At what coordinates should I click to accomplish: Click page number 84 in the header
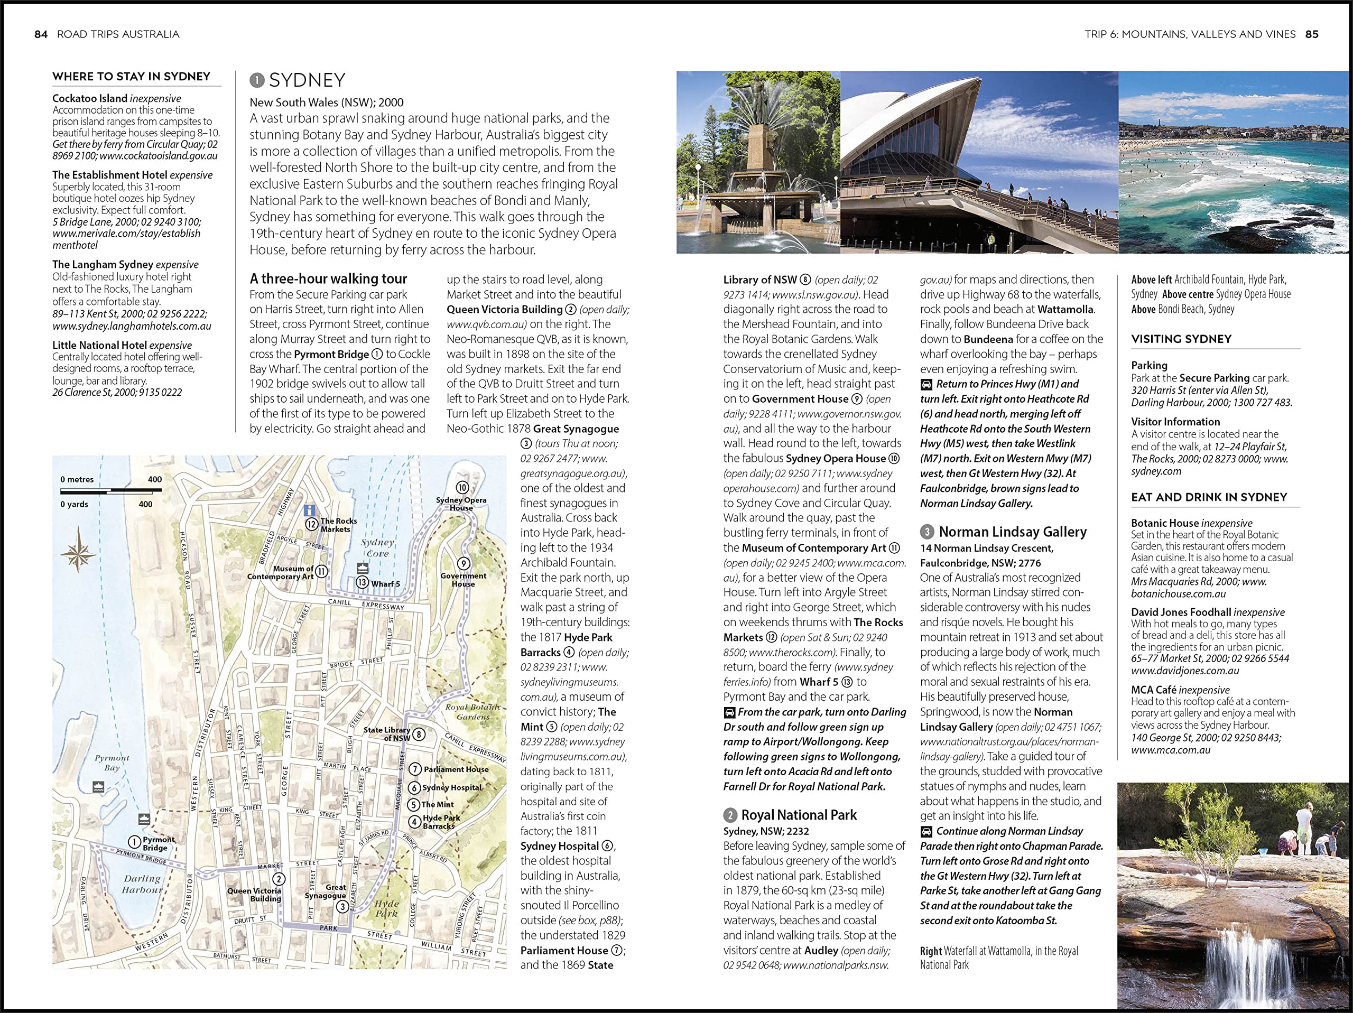pos(41,34)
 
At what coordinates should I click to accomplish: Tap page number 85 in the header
pos(1311,34)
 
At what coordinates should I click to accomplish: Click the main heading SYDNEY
pos(307,80)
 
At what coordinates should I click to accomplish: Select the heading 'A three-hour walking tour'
pos(328,279)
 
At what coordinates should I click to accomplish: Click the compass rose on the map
pos(78,550)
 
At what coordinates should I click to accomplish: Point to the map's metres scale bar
pos(110,490)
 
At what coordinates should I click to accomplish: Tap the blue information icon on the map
pos(310,509)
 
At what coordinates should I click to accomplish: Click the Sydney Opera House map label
pos(461,504)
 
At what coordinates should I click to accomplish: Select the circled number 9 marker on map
pos(464,563)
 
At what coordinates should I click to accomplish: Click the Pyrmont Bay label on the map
pos(112,762)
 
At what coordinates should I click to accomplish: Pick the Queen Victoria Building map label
pos(254,894)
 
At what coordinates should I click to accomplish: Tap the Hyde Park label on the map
pos(386,908)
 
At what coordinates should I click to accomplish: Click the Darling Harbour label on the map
pos(141,884)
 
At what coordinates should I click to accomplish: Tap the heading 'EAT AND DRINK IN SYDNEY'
pos(1209,497)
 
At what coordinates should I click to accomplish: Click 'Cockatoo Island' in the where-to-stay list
pos(89,98)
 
